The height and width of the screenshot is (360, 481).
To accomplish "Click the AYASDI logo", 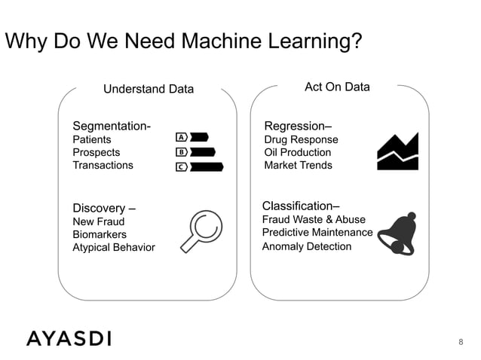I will tap(69, 338).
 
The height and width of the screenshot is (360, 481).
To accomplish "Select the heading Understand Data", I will tap(148, 89).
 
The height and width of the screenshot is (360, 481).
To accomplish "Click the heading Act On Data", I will tap(337, 87).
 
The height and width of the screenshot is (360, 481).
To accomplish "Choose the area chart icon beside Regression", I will tap(397, 151).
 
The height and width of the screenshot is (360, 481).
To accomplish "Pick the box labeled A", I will tap(181, 138).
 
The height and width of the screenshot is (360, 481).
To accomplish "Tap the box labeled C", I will tap(181, 166).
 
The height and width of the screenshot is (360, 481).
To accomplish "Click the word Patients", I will tap(91, 139).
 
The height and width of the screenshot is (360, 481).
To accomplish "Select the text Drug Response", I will tap(301, 139).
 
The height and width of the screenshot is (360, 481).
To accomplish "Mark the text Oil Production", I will tap(297, 152).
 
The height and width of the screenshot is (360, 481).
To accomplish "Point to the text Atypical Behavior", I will tap(113, 247).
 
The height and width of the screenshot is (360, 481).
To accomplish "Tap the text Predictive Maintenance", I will tap(317, 232).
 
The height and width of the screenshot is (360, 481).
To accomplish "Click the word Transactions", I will tap(103, 165).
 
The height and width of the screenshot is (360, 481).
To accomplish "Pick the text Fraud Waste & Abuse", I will tap(313, 219).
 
